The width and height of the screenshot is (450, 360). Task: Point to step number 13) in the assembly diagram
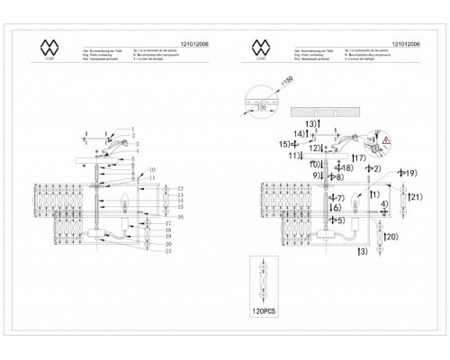(x=311, y=121)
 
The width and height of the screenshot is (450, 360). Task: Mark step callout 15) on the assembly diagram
(x=286, y=143)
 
